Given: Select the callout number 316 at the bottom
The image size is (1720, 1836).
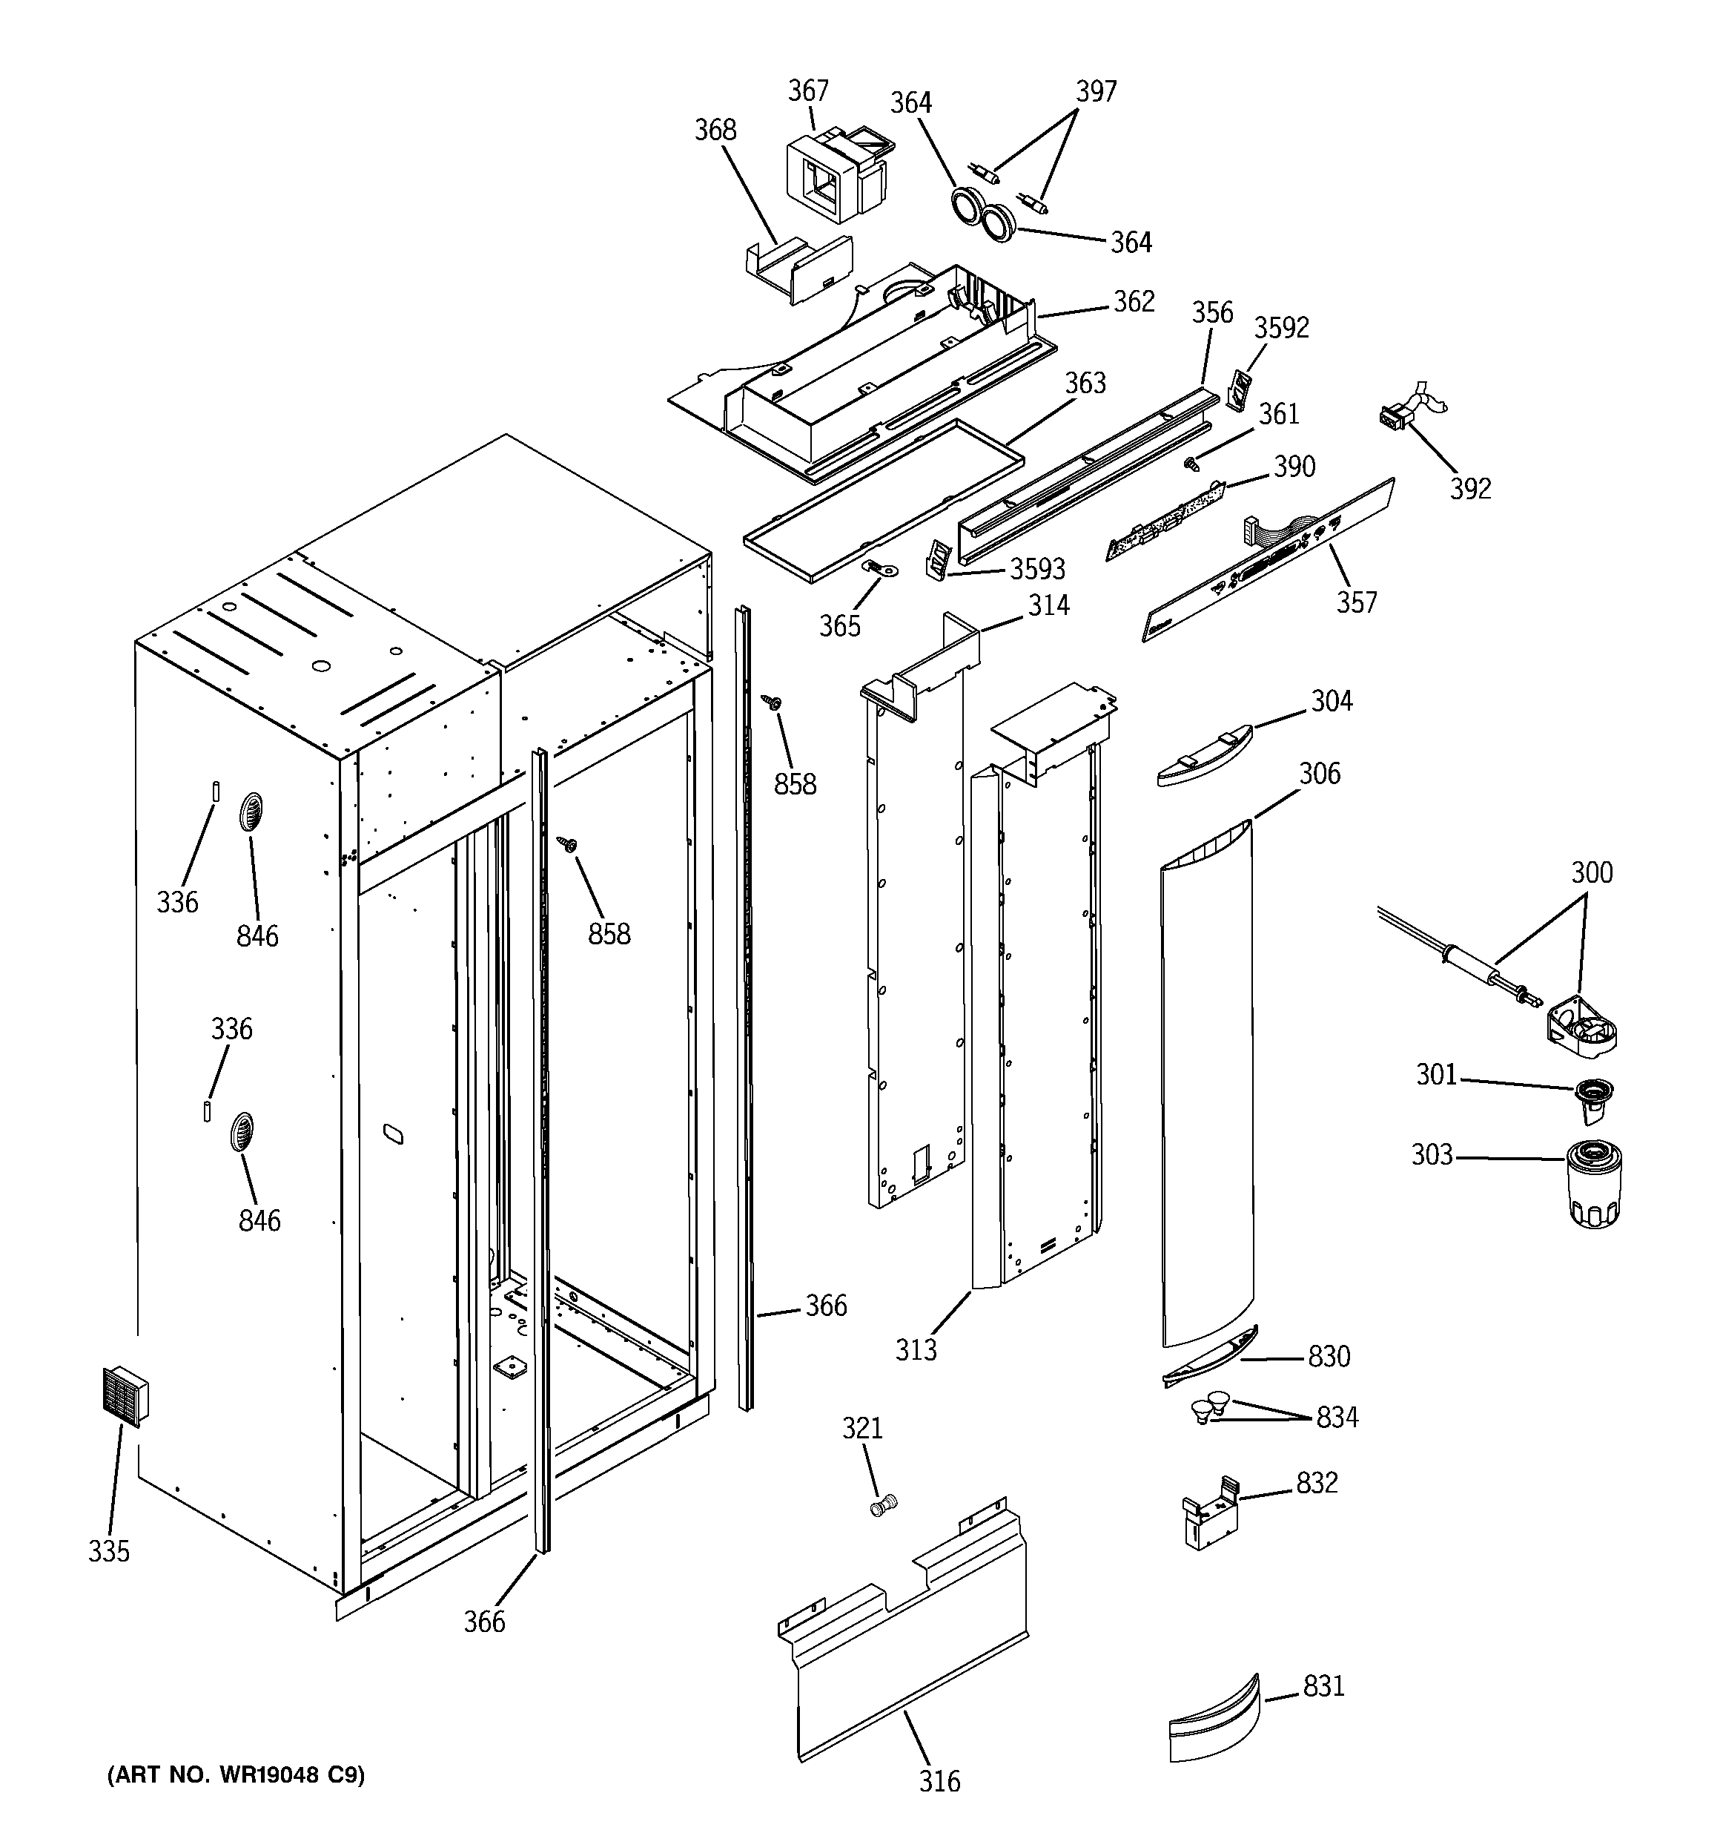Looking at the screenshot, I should [x=939, y=1780].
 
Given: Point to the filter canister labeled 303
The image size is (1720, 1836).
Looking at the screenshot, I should [x=1595, y=1185].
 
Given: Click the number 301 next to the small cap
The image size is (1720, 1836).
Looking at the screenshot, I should [x=1437, y=1074].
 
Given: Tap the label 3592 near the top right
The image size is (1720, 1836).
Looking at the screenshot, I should [x=1281, y=328].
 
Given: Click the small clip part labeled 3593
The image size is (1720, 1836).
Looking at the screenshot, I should [x=938, y=562].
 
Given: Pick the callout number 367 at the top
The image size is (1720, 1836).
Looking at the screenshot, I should [x=808, y=91].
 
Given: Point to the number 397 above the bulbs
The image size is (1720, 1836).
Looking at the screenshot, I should [x=1096, y=91].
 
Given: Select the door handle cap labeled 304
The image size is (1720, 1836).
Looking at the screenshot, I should [x=1205, y=754].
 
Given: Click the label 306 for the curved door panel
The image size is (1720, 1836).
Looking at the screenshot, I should [x=1320, y=773].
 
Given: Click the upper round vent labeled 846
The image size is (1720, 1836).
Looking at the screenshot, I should [x=250, y=814].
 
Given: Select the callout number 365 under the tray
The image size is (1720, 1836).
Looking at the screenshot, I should [x=839, y=626].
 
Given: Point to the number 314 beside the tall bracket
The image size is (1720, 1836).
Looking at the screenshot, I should [x=1049, y=605].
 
